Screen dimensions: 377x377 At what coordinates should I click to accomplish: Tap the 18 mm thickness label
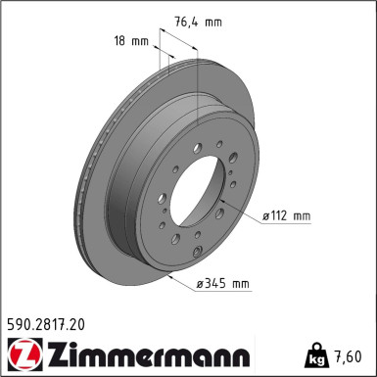click(x=130, y=42)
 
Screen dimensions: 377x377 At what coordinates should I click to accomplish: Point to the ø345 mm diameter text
click(x=223, y=284)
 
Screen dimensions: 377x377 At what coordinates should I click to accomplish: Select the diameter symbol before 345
click(x=200, y=284)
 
